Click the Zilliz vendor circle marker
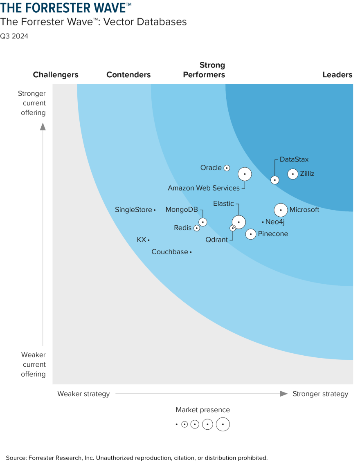click(293, 174)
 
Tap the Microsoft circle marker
click(281, 210)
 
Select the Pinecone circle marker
click(251, 234)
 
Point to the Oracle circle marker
click(227, 168)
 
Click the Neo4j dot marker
click(263, 222)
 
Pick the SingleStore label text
click(133, 210)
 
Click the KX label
click(142, 240)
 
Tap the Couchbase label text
click(170, 252)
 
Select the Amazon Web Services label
click(204, 188)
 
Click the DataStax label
click(294, 159)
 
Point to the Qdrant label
click(217, 240)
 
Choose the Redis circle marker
click(197, 228)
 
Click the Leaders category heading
click(337, 75)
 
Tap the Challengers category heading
click(56, 75)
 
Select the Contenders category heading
click(128, 75)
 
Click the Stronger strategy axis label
click(320, 394)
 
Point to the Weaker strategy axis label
click(83, 394)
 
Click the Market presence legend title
click(203, 410)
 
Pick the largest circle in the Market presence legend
click(223, 424)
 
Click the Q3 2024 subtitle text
click(14, 36)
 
